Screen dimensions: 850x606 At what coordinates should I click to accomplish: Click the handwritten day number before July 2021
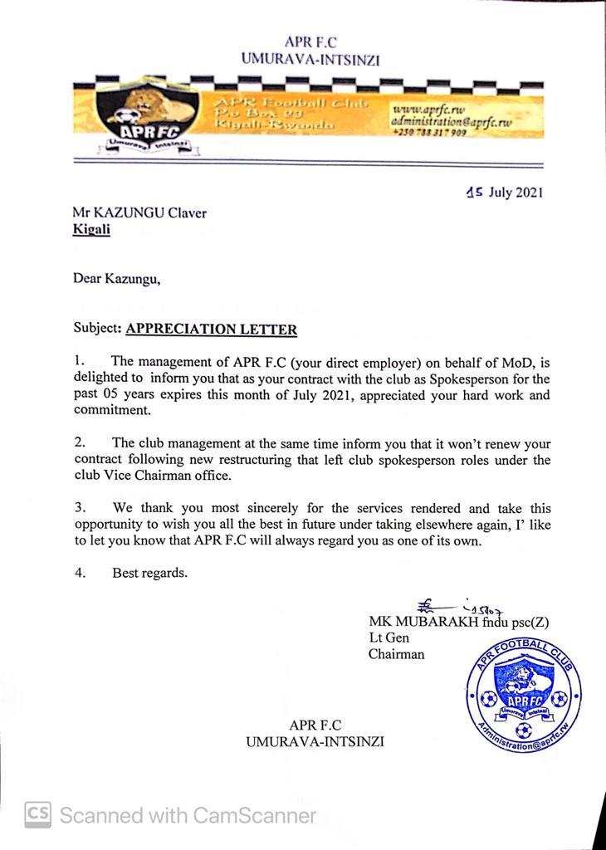point(475,193)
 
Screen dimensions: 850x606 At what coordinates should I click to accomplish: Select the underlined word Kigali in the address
point(91,230)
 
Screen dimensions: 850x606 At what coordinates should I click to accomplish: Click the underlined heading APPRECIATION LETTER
point(211,330)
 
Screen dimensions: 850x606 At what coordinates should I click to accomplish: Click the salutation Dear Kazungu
point(116,279)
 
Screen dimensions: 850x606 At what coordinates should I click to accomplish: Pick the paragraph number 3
point(80,507)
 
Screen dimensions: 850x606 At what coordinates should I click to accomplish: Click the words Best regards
point(149,572)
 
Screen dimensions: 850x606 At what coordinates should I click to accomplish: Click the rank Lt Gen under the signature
point(389,637)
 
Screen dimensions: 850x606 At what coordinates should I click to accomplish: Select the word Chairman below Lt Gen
point(396,654)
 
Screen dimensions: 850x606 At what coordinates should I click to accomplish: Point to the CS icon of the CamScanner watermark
point(37,814)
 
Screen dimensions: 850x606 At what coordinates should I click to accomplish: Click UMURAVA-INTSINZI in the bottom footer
point(315,741)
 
